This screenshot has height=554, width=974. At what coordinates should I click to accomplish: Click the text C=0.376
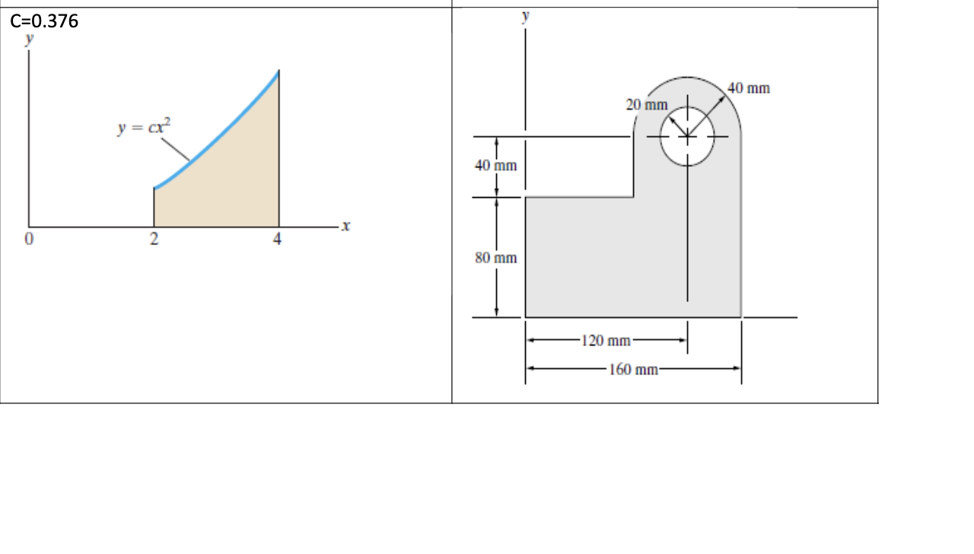coord(45,21)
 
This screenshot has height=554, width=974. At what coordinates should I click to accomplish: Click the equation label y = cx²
coord(145,127)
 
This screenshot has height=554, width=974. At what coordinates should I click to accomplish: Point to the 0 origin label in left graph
coord(29,240)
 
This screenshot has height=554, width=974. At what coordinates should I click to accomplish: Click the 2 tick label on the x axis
coord(154,240)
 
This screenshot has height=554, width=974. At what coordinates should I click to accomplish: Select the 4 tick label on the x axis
coord(278,240)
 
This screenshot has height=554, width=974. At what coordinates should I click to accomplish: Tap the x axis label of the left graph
coord(346,226)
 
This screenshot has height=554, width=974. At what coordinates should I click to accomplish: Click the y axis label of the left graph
coord(30,40)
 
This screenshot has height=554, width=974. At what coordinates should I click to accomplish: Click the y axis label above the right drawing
coord(525,16)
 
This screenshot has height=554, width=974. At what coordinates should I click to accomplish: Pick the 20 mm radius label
coord(647,104)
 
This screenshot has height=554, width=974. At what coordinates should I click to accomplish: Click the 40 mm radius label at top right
coord(749,88)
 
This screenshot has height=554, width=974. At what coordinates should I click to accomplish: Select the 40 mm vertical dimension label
coord(496,166)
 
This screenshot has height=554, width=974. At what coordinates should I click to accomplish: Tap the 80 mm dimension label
coord(496,258)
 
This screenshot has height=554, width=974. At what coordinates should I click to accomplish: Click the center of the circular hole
coord(687,136)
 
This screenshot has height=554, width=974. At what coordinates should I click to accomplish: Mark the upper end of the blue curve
coord(279,72)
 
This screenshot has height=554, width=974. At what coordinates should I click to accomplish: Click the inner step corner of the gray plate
coord(633,197)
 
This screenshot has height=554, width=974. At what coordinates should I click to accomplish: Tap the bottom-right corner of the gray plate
coord(741,317)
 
